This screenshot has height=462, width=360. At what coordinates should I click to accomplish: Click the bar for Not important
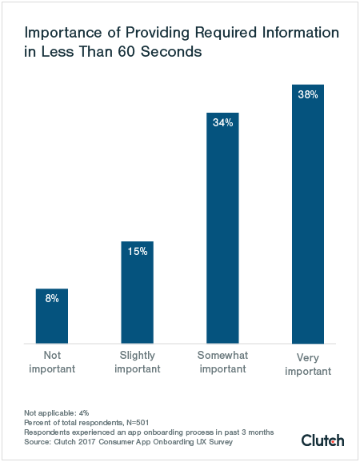point(52,316)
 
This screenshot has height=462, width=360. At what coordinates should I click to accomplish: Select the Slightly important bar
point(137,292)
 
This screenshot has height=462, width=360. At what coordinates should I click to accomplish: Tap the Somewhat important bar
point(222,228)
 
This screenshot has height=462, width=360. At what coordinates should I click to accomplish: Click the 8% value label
point(52,298)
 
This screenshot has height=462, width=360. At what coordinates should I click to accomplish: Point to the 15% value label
point(137,251)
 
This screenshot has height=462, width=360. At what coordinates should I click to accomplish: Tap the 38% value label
point(308,94)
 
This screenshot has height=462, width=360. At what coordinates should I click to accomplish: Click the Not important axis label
point(52,362)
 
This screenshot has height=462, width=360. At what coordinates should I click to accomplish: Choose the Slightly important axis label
point(137,362)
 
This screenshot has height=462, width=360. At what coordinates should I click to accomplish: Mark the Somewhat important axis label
point(222,362)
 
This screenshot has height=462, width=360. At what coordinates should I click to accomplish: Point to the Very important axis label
point(308,362)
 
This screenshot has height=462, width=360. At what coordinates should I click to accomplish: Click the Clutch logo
point(322,440)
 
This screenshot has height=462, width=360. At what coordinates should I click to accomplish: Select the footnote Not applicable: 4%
point(56,412)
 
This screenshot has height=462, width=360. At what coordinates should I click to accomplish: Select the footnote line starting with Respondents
point(149,432)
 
